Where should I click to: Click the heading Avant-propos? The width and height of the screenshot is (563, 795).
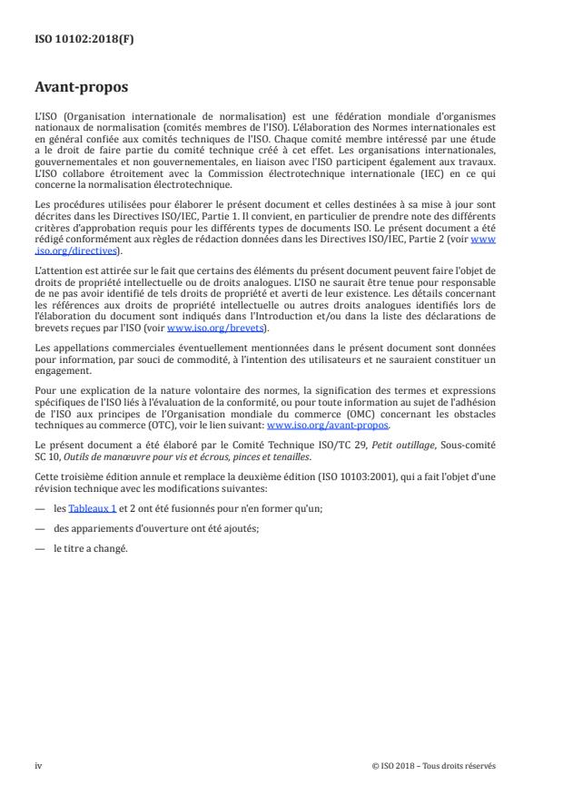click(82, 89)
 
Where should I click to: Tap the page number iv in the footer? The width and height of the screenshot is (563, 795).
click(38, 765)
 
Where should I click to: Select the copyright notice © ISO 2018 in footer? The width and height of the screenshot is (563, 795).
click(434, 765)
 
